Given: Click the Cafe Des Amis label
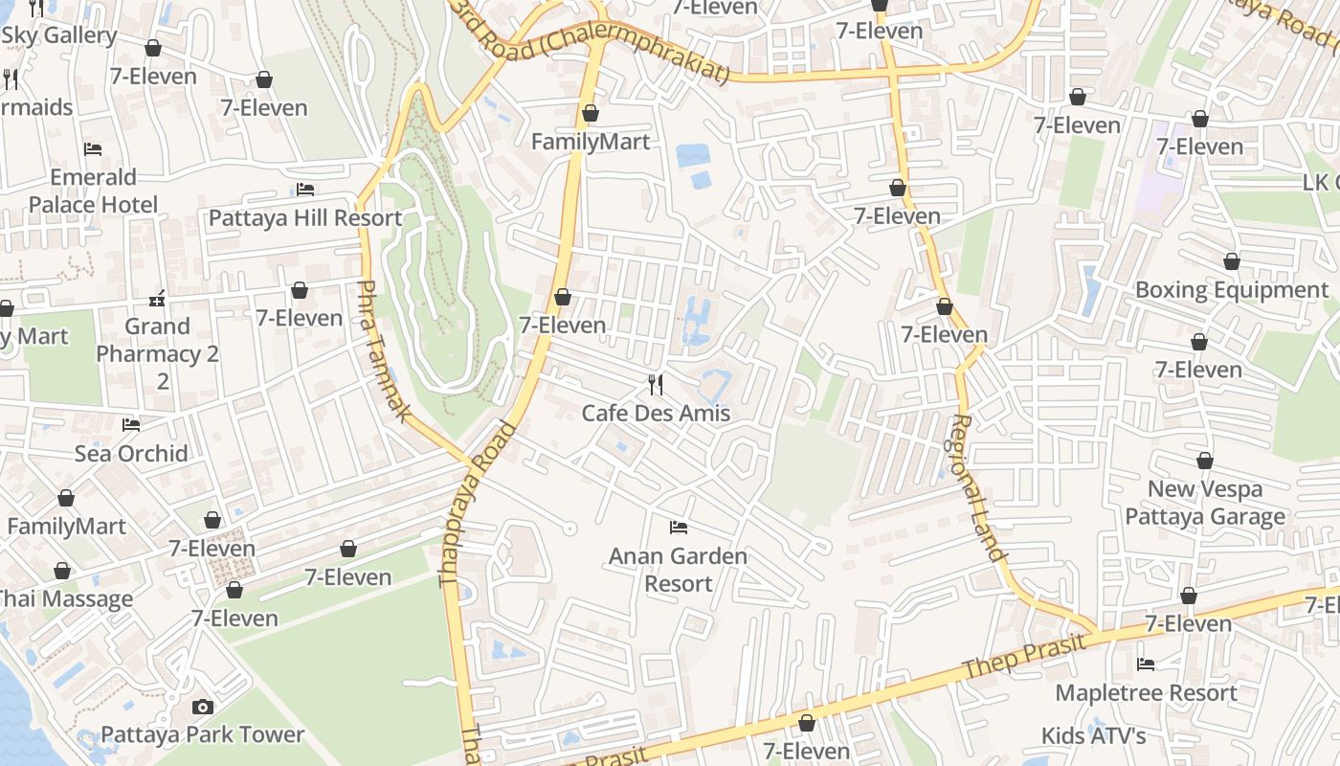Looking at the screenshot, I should pos(656,414).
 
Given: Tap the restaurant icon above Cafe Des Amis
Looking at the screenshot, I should pos(656,385).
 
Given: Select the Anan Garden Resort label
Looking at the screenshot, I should pos(678,570).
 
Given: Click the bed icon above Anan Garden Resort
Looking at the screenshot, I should pos(678,527).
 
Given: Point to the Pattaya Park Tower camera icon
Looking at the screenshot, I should pos(202,707).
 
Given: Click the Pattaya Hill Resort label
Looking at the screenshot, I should pos(305,217).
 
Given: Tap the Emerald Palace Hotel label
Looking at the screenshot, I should pos(93,191).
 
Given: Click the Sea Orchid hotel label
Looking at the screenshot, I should pos(131,453).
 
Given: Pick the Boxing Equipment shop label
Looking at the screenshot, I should pos(1232,289).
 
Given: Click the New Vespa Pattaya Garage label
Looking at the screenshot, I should pos(1204,503).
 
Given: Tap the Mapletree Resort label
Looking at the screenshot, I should pos(1146,692).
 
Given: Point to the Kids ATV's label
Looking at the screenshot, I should pos(1094,735).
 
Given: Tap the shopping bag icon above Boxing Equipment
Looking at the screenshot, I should pos(1232,261).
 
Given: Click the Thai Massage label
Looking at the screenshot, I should pos(63,599).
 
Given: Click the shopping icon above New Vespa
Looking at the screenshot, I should pos(1204,461).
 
